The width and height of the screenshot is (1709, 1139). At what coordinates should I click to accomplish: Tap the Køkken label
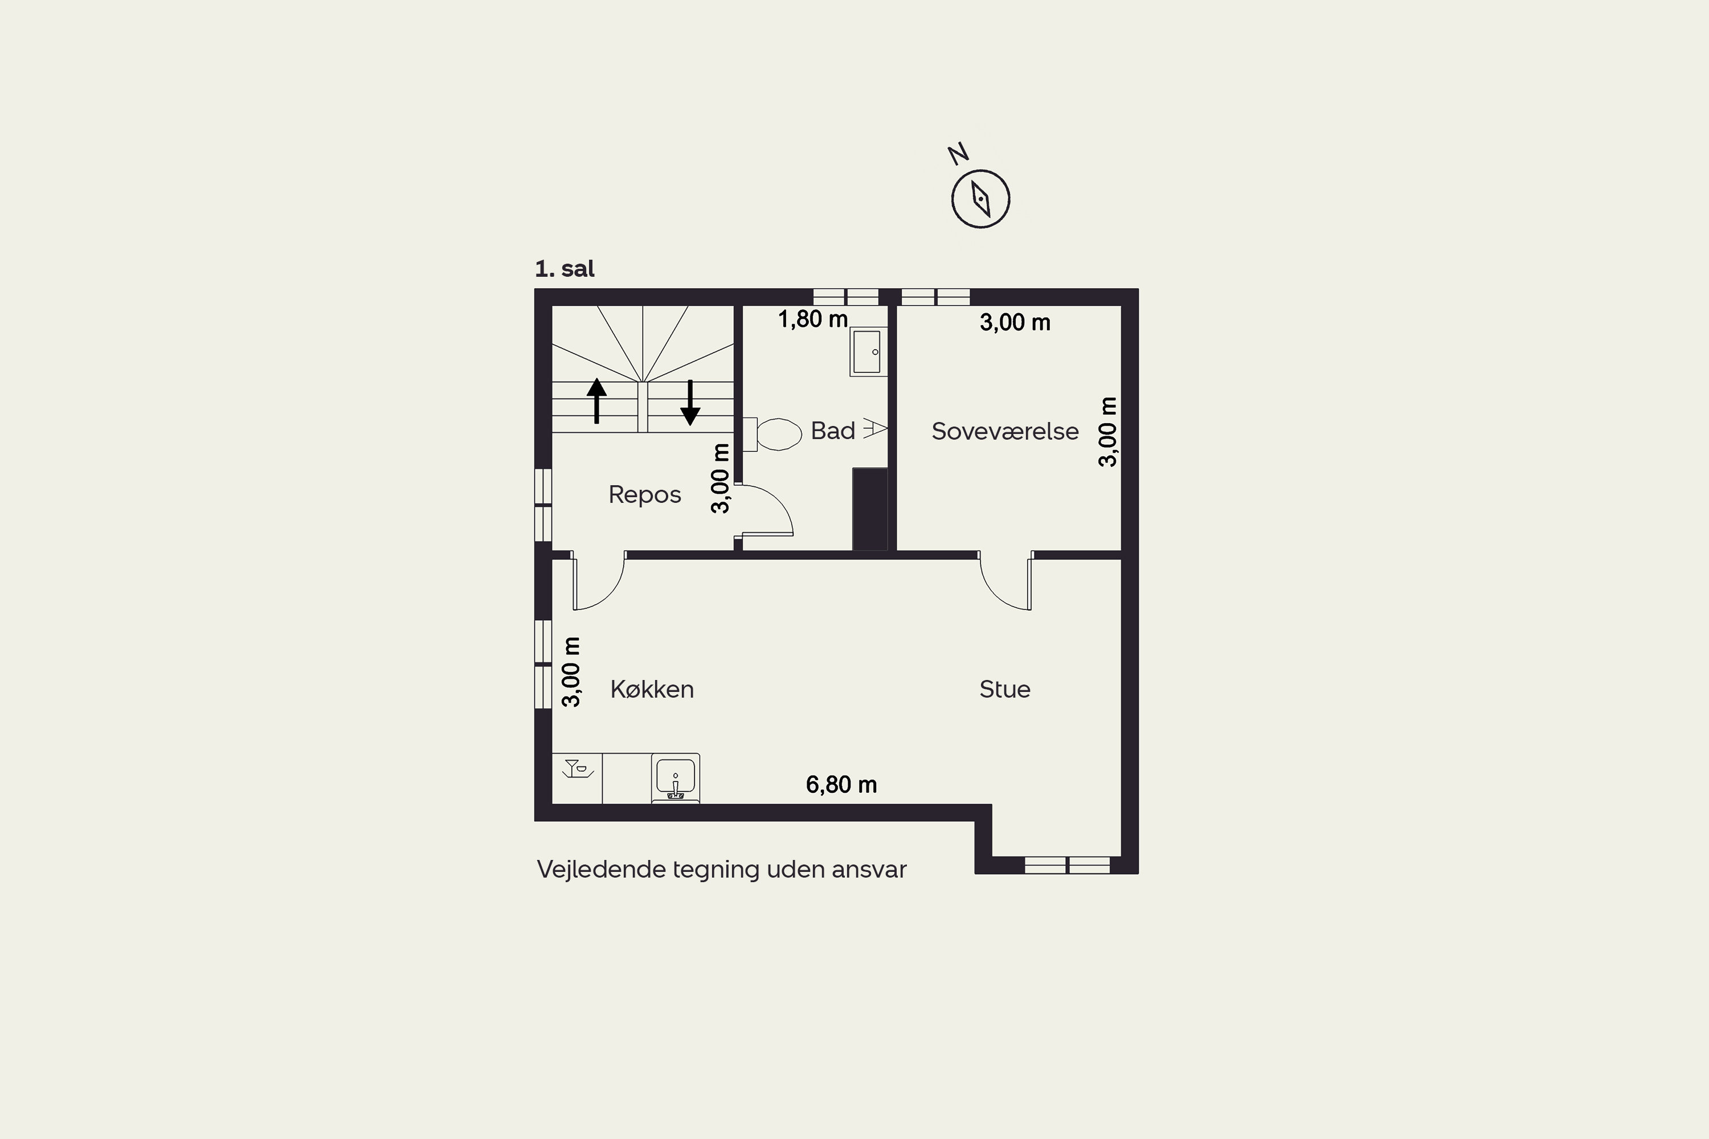[652, 689]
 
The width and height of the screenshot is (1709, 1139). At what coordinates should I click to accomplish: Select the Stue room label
[1005, 689]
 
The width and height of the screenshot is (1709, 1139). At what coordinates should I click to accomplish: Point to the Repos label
[644, 495]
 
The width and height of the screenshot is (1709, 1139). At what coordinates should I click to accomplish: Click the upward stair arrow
[596, 400]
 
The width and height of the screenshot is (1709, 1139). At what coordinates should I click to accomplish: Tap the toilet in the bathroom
[772, 435]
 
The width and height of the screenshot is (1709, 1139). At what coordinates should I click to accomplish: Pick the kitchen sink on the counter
[676, 778]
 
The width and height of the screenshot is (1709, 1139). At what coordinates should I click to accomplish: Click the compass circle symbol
[981, 199]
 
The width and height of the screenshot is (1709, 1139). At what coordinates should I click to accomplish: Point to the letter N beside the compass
[958, 153]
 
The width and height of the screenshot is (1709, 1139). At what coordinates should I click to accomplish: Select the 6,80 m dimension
[841, 785]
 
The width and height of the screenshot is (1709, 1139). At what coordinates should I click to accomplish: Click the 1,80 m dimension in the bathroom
[813, 319]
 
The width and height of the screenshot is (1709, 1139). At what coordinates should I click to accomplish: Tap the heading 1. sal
[565, 269]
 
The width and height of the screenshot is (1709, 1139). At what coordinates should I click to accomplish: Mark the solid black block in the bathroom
[870, 509]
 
